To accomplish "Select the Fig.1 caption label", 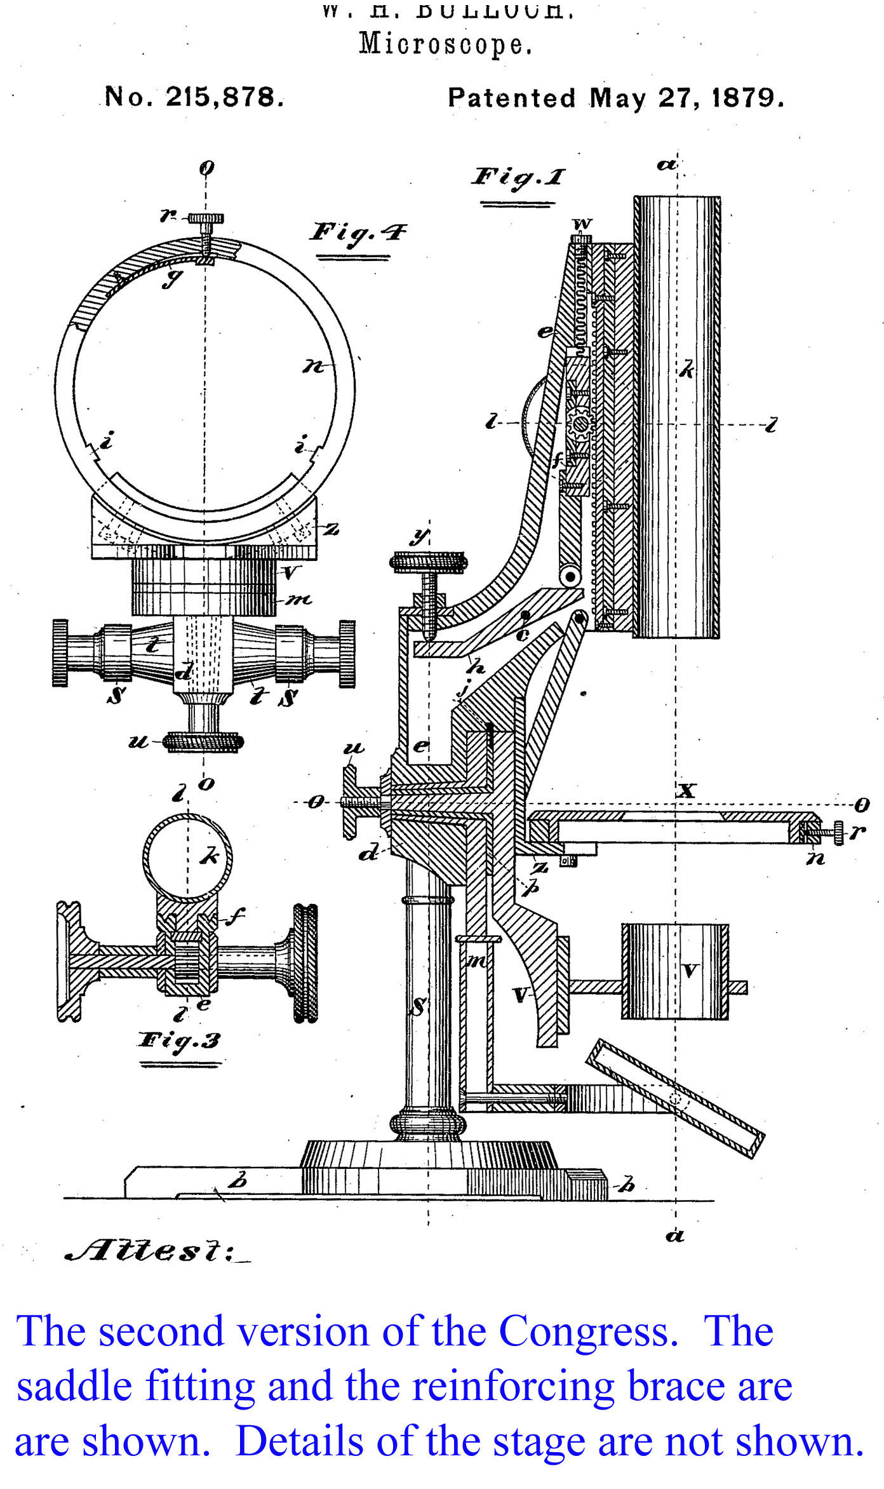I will click(518, 177).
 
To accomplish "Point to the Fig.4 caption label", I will click(358, 232).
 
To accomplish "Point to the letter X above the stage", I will click(687, 791).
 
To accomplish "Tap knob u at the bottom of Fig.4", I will click(203, 741).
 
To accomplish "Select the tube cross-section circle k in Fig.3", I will click(188, 858).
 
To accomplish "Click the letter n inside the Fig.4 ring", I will click(313, 367).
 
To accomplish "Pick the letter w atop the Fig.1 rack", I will click(582, 224).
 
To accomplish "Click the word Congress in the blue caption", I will click(585, 1331).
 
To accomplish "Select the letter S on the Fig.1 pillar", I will click(419, 1006).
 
